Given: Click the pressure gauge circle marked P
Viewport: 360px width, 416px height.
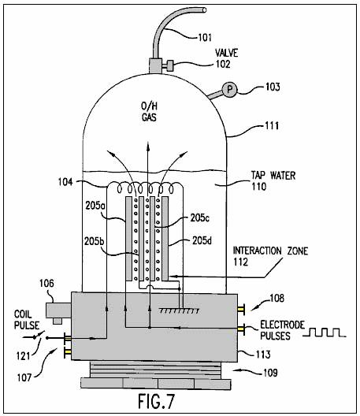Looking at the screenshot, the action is click(229, 90).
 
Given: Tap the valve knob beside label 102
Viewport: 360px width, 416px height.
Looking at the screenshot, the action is click(170, 66).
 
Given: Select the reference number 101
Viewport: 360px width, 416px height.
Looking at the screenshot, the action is click(205, 37).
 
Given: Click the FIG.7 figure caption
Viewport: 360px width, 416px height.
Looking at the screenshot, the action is click(157, 400).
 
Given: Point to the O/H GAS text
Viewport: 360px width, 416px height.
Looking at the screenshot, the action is click(149, 112).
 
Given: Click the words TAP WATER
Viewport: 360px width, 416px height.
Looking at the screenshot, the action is click(273, 176).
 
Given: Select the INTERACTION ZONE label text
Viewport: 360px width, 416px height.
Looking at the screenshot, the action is click(270, 251).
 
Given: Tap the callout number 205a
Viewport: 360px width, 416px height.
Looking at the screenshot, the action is click(94, 206).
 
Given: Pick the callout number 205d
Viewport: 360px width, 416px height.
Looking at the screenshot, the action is click(202, 240).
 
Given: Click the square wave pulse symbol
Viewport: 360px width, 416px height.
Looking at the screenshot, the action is click(325, 332).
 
